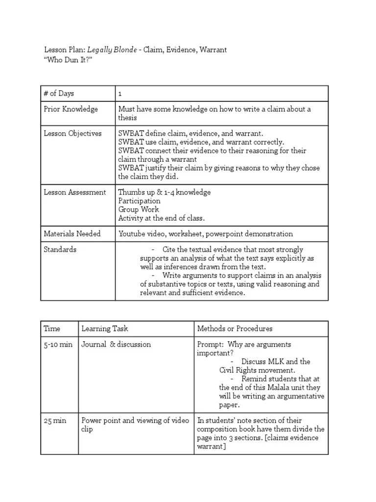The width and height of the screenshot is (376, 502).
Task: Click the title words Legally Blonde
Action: tap(112, 50)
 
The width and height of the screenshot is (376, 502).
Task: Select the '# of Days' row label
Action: tap(59, 93)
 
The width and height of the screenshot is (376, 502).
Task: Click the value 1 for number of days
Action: tap(120, 94)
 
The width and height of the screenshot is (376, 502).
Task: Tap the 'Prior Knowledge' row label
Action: tap(70, 109)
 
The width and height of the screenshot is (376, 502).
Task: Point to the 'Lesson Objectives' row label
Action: tap(72, 133)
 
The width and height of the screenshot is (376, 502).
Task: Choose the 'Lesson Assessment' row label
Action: tap(74, 192)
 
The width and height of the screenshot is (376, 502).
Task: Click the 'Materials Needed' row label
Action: tap(72, 234)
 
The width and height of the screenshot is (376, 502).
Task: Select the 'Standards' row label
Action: tap(60, 250)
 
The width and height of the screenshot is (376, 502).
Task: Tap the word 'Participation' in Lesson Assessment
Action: tap(139, 201)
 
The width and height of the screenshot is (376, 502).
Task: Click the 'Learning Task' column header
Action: tap(104, 328)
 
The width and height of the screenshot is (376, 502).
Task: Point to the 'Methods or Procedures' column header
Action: tap(235, 328)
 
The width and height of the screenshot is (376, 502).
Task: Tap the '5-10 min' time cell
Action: tap(58, 344)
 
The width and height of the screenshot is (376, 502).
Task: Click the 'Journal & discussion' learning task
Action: tap(116, 344)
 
